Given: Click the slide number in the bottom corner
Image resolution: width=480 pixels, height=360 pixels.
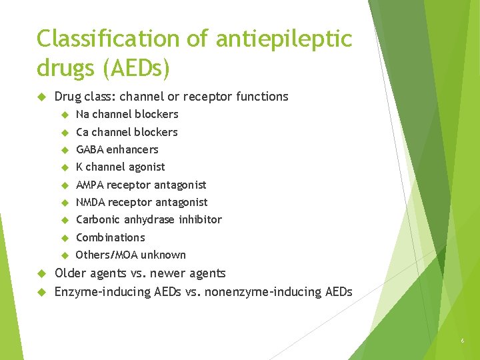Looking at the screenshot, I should [461, 342].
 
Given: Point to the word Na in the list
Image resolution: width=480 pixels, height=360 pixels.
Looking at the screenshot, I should [83, 114].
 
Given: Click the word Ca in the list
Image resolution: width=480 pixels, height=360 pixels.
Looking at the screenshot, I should [83, 132].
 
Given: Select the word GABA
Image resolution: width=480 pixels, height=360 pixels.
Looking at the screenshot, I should [90, 149].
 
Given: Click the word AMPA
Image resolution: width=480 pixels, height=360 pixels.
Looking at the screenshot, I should [90, 185].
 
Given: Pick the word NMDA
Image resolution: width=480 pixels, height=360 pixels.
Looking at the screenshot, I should [91, 202].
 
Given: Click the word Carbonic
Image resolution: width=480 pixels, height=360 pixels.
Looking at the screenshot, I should [97, 219].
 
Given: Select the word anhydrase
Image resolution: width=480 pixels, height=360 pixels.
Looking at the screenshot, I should [147, 219].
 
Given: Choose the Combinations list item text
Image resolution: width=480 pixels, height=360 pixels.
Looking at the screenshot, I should [110, 237].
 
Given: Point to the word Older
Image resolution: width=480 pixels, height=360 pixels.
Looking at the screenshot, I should [70, 273].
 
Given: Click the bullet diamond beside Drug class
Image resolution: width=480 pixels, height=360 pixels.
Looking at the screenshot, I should [41, 97].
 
